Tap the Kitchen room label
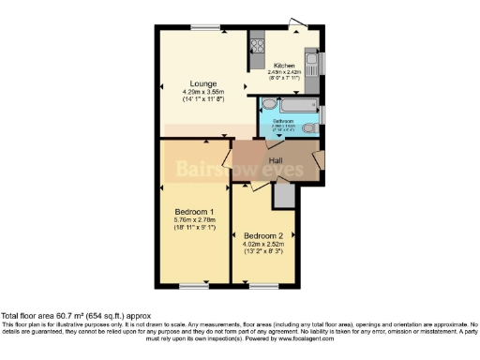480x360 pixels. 284,65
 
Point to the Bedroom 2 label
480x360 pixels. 263,235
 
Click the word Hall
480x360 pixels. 277,161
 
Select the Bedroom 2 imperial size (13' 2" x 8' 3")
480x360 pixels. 263,252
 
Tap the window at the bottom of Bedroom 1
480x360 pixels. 195,284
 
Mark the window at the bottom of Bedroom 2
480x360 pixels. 263,284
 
